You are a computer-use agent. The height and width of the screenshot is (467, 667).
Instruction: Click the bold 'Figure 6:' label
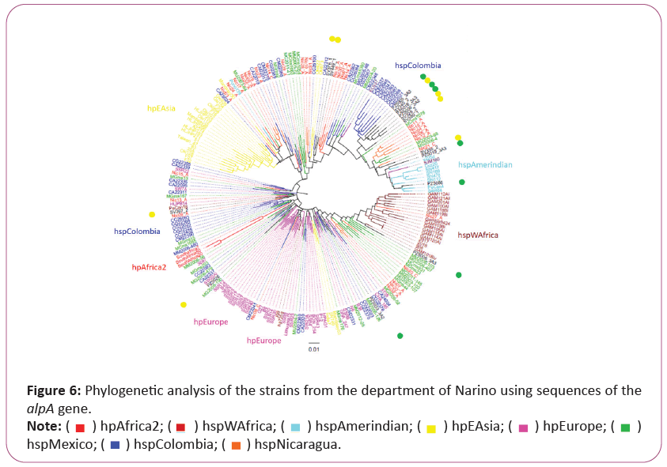pos(54,390)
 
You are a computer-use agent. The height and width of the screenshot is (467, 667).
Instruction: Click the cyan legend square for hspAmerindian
pos(295,427)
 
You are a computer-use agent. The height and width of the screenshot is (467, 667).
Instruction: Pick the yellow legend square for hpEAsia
pos(431,427)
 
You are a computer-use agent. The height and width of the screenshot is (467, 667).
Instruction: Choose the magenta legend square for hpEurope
pos(522,427)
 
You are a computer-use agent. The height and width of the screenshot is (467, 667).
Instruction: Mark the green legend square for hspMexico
pos(625,427)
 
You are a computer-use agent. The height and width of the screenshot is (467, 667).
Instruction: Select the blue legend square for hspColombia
pos(114,445)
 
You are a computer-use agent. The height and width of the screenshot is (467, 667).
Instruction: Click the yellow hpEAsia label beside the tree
pos(161,108)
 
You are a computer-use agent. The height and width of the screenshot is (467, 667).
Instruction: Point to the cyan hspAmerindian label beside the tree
pos(485,164)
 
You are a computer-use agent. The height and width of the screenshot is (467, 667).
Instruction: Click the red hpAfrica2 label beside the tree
pos(149,267)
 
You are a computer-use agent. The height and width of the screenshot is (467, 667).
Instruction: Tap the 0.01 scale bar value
pos(314,348)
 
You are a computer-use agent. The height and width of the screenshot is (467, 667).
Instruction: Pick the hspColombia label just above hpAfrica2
pos(137,232)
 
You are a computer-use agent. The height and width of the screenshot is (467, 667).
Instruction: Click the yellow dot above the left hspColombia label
pos(152,215)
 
